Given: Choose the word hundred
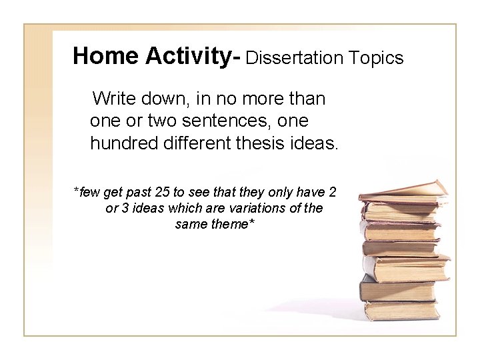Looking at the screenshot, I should [x=124, y=143].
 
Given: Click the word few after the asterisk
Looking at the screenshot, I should [x=89, y=193].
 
